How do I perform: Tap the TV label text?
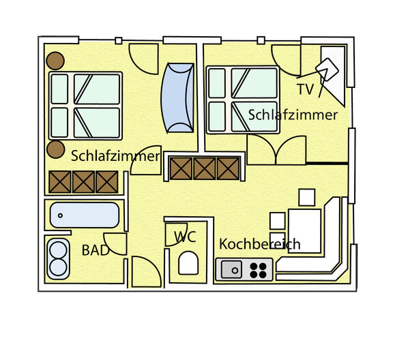coord(306,89)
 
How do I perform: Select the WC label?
coord(185,237)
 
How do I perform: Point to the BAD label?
coord(95,250)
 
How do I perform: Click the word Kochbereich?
coord(259,244)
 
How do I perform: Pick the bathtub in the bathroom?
coord(85,216)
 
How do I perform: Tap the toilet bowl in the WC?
coord(188,262)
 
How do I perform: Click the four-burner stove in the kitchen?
coord(258,269)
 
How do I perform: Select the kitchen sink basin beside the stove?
coord(232,269)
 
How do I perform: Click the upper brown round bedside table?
coord(55,59)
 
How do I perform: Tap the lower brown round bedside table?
coord(55,150)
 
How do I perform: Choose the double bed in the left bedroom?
coord(85,106)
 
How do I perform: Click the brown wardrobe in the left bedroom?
coord(83,182)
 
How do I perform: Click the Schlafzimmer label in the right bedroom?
coord(293,115)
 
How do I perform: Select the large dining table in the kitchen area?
coord(304,225)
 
